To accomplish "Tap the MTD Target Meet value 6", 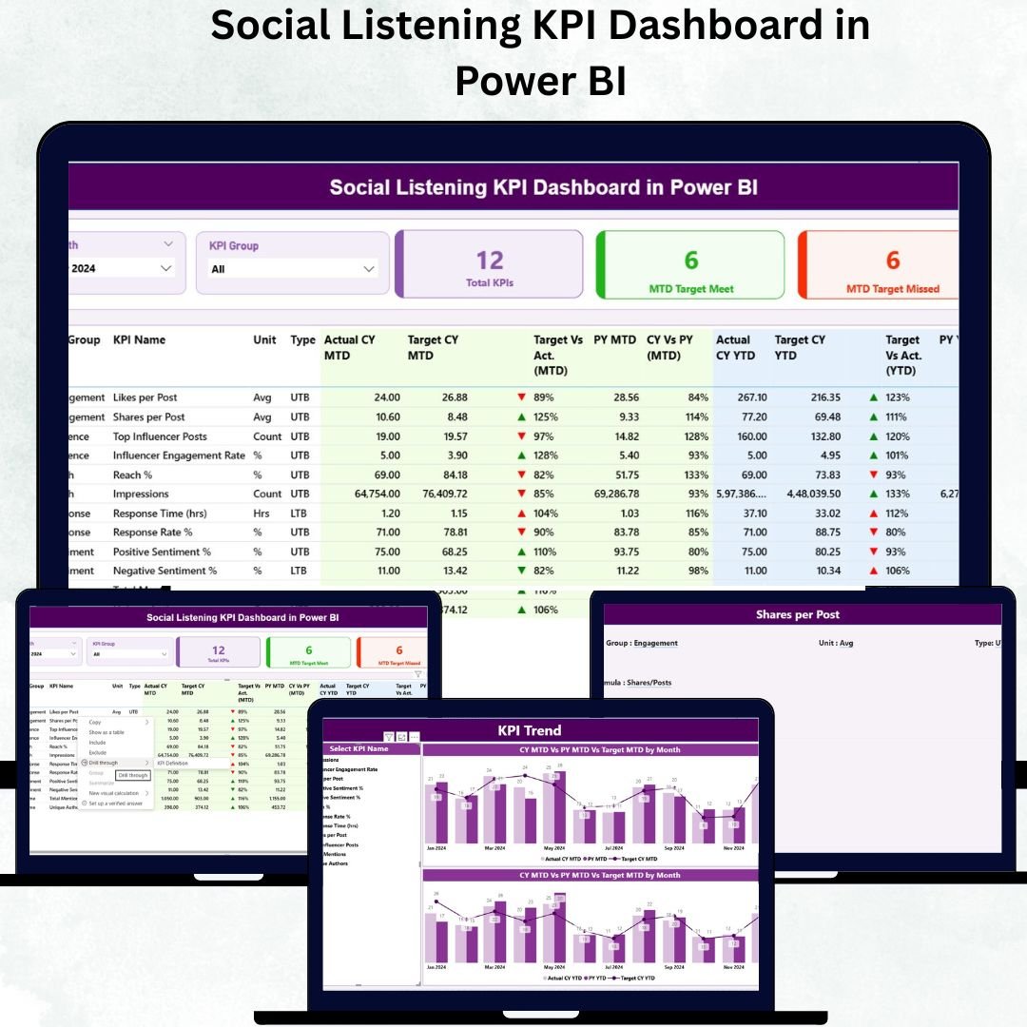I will pos(691,260).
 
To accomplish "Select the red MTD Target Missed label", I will pos(892,289).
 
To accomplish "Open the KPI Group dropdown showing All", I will pos(293,269).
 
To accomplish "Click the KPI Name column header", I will pos(139,339).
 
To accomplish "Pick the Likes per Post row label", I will pos(145,397).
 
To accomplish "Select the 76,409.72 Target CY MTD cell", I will pos(436,494).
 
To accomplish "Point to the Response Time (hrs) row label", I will pos(160,513).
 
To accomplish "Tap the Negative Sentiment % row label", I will pos(165,571).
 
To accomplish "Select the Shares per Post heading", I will pos(797,615).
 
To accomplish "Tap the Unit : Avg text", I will pos(835,643).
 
